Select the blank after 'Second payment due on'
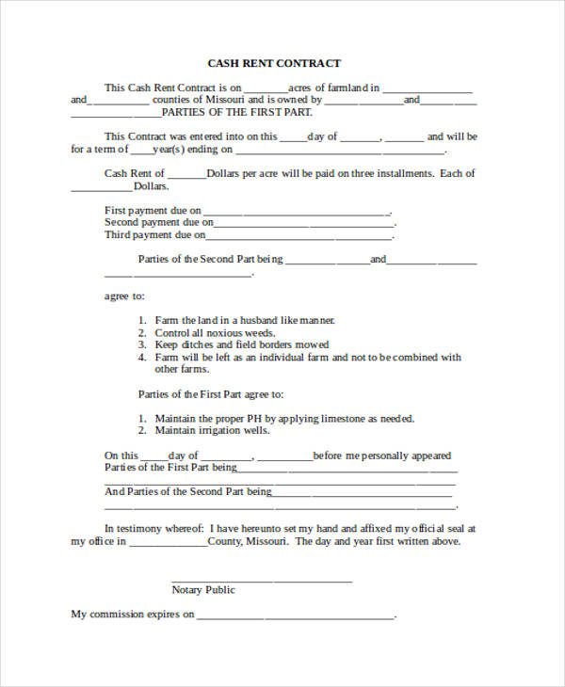tap(303, 226)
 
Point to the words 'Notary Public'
tap(203, 590)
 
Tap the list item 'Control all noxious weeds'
tap(215, 333)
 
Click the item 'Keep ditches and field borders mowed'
tap(242, 345)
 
